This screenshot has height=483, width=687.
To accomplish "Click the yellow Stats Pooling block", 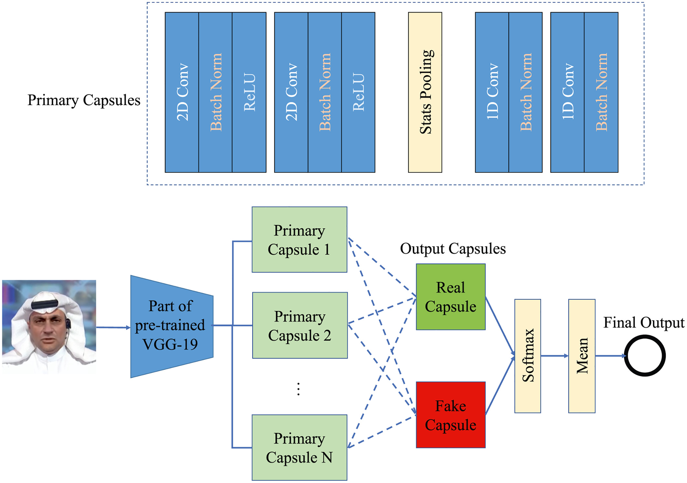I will tap(425, 92).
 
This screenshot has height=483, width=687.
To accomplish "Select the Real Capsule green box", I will tap(451, 297).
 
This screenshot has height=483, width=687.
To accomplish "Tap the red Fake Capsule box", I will tap(451, 415).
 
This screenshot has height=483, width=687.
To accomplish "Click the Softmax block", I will tap(528, 356).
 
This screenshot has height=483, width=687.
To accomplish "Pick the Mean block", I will tap(582, 356).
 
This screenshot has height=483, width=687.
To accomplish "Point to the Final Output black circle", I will tap(644, 356).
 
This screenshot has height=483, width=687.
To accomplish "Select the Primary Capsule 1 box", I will tap(299, 240).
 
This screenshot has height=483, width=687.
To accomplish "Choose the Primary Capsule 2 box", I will tap(300, 325).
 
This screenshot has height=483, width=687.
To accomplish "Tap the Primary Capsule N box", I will tap(299, 447).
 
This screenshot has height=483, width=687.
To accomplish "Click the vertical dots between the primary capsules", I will tap(298, 389).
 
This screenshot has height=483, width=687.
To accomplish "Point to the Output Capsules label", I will tap(453, 249).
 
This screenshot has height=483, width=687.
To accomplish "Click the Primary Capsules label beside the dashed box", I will tap(84, 100).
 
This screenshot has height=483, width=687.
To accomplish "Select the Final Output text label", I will tap(643, 323).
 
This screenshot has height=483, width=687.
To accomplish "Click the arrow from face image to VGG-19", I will tap(113, 327).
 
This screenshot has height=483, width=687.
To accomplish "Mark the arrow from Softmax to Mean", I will tap(554, 356).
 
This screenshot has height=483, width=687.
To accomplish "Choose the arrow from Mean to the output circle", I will tap(610, 356).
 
